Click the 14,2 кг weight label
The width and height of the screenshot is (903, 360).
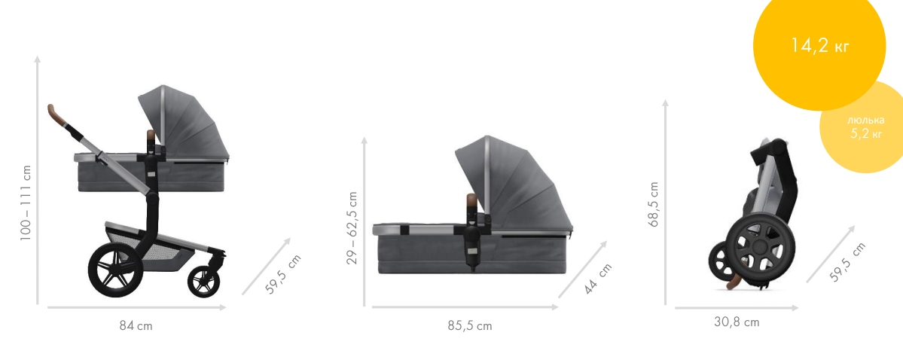(819, 46)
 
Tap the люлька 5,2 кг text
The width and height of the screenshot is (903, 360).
(865, 127)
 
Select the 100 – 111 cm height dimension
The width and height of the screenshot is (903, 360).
(26, 203)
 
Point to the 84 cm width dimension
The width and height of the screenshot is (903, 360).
(136, 325)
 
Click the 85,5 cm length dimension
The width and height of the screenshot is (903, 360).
(470, 325)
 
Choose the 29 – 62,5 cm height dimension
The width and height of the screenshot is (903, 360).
(352, 228)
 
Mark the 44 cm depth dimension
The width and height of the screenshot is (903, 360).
(598, 279)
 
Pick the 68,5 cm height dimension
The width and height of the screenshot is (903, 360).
(654, 204)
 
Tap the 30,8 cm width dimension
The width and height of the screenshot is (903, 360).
(737, 322)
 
